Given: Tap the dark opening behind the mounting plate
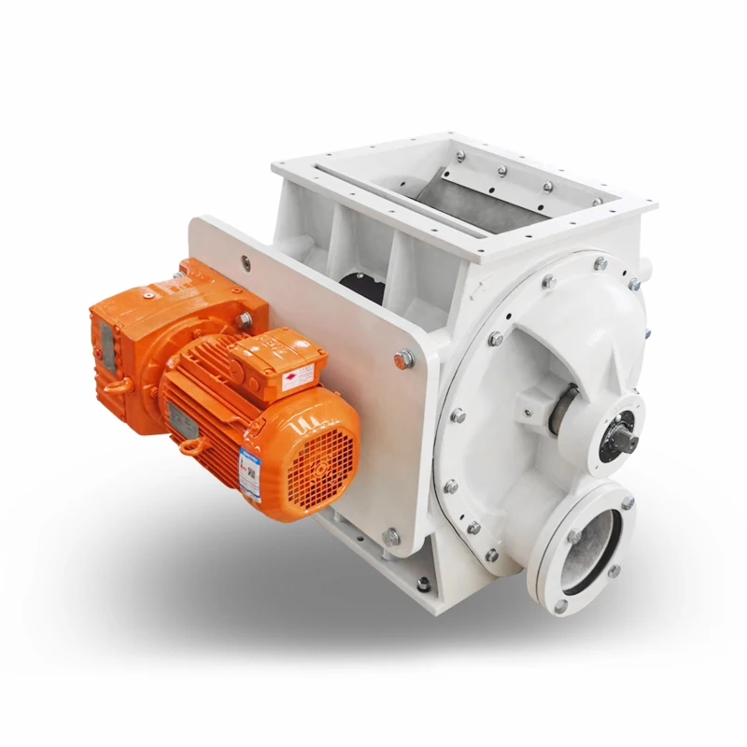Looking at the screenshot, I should pos(356,280).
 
